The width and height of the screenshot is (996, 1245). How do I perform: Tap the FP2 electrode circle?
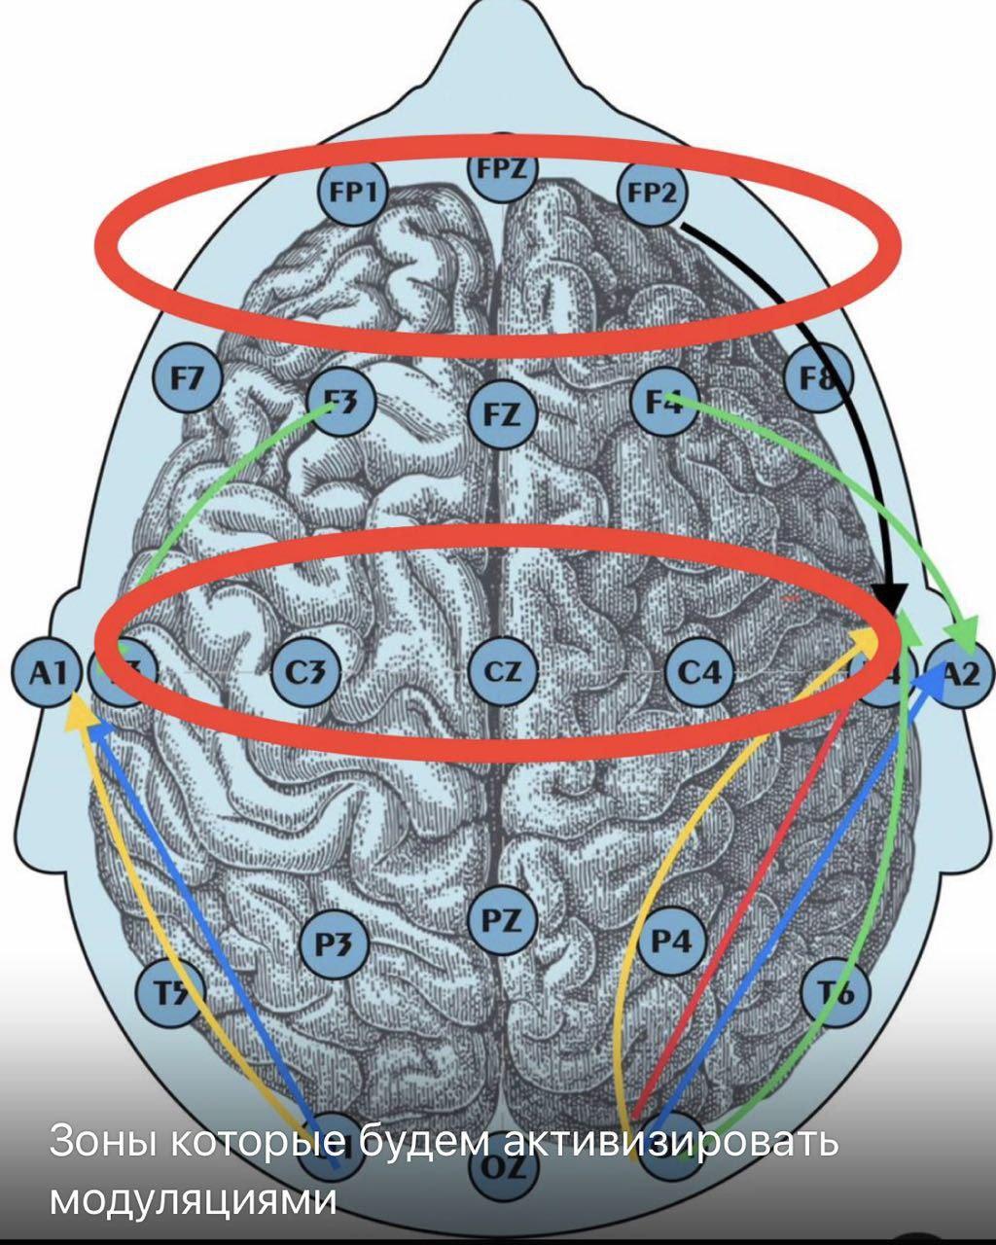point(652,193)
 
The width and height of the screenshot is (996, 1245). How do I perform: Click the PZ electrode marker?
point(502,921)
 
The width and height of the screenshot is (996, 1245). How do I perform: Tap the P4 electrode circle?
point(671,942)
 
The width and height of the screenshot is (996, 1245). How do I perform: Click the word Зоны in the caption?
point(101,1142)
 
